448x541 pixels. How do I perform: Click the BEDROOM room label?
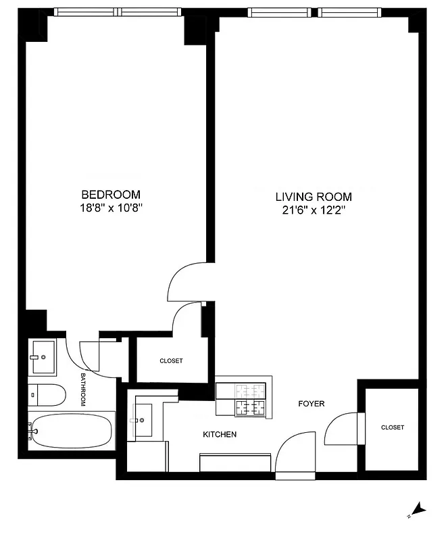click(x=111, y=194)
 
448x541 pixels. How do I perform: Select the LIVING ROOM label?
click(x=313, y=197)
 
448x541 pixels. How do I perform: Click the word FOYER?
click(x=312, y=404)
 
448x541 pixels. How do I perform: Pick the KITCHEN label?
click(x=220, y=434)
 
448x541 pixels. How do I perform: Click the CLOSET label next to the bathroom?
click(x=171, y=361)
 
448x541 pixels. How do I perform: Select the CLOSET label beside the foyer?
click(x=392, y=427)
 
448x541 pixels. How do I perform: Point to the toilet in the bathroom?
click(x=47, y=393)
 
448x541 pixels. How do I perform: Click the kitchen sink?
click(x=144, y=420)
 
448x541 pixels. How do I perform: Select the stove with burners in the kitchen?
click(x=241, y=399)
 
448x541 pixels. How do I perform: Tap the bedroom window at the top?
click(x=118, y=11)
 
